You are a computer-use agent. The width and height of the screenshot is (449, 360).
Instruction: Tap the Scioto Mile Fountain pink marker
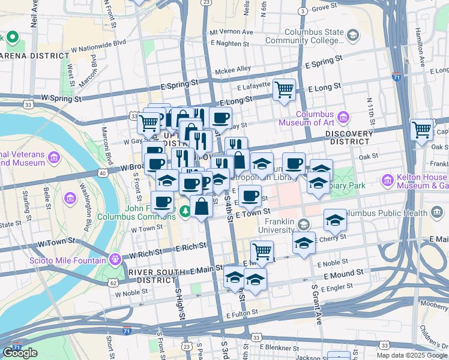tap(116, 259)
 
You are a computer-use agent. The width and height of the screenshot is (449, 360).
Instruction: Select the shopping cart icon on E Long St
tap(284, 90)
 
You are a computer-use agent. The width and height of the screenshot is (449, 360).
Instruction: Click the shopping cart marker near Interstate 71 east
tap(422, 129)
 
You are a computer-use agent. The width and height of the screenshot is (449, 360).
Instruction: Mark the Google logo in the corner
tap(20, 353)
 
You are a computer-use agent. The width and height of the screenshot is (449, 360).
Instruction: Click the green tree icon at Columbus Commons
tap(185, 210)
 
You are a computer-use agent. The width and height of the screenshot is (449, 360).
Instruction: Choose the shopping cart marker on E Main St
tap(262, 250)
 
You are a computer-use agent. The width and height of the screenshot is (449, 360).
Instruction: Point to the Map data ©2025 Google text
tap(411, 355)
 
